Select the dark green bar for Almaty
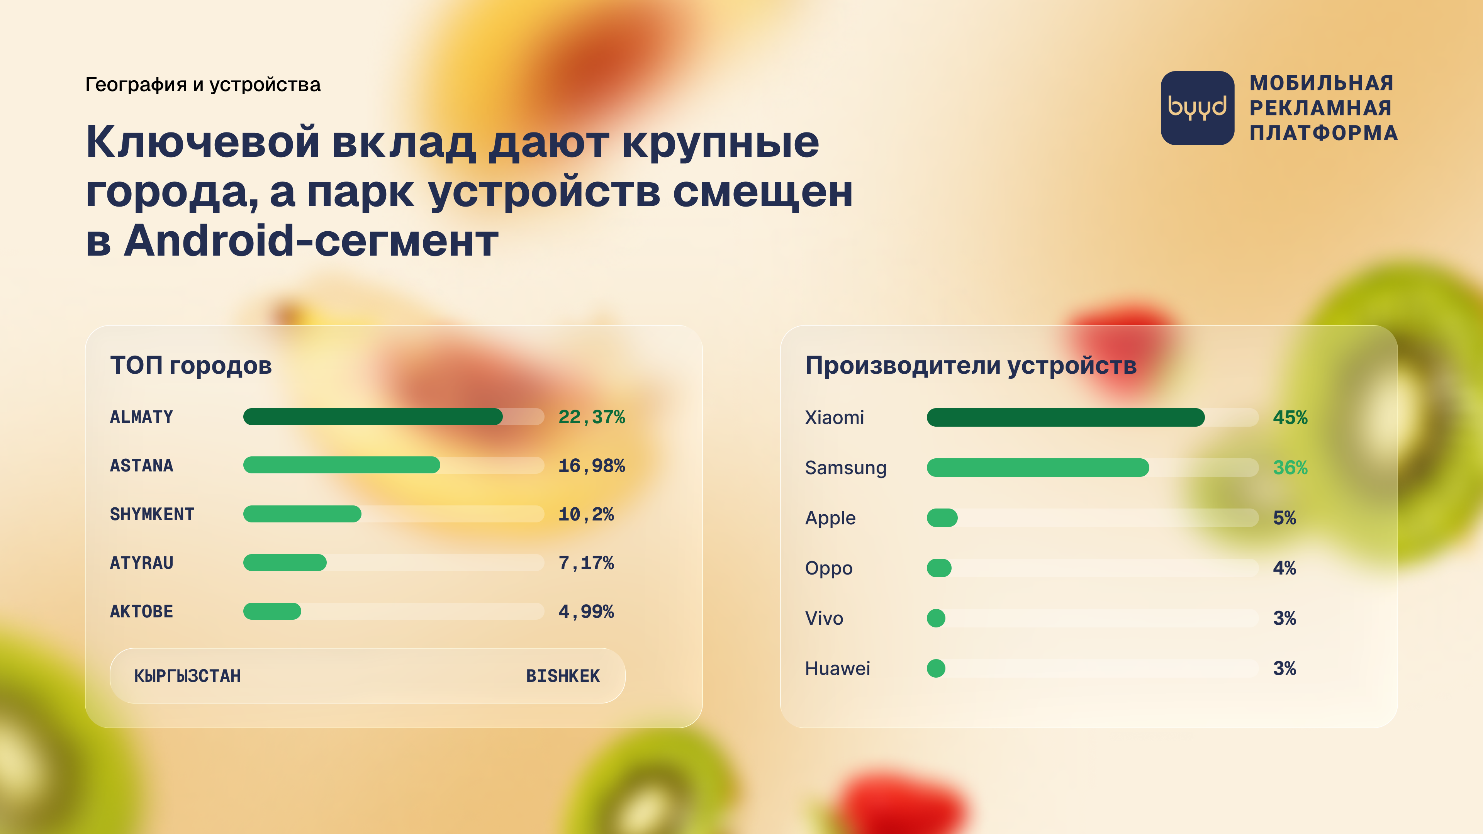(x=372, y=417)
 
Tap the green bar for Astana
(x=341, y=465)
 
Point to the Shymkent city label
(x=152, y=514)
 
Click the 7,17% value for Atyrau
(x=586, y=563)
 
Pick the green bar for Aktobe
(x=272, y=611)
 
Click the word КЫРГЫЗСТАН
(x=188, y=676)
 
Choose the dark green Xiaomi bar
(x=1066, y=417)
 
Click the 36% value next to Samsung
(x=1290, y=467)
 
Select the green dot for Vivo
(x=936, y=618)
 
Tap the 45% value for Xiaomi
(x=1290, y=417)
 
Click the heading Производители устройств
(x=971, y=366)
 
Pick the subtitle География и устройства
(x=203, y=85)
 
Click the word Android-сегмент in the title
(x=311, y=241)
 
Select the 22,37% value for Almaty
(x=591, y=417)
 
